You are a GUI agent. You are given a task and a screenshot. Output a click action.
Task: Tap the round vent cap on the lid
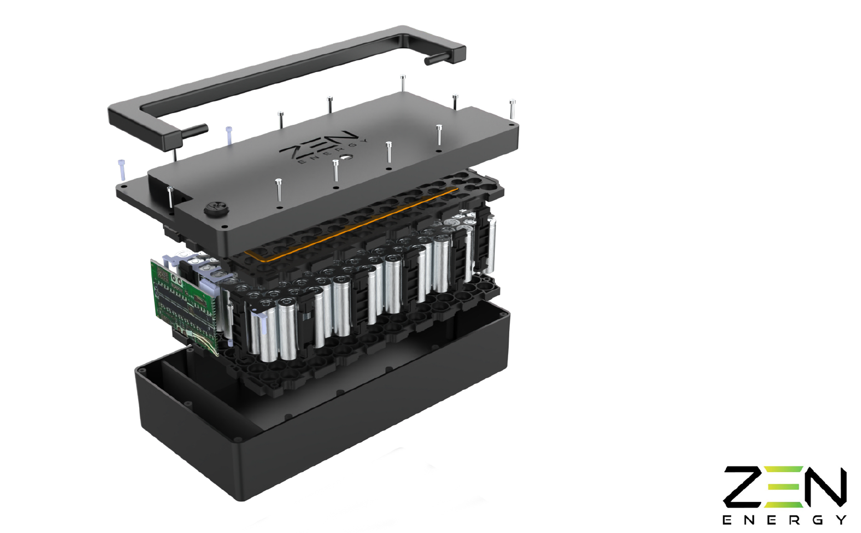[x=216, y=209]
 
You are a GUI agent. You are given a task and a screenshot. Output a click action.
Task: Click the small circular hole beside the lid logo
[x=347, y=158]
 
